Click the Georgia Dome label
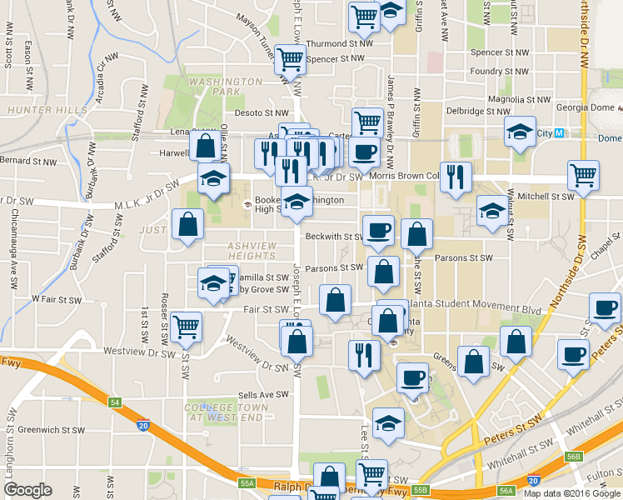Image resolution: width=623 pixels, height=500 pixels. click(587, 108)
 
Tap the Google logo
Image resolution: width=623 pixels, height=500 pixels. click(27, 490)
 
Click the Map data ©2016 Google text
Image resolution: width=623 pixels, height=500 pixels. click(571, 492)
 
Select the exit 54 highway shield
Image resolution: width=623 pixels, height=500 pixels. click(115, 402)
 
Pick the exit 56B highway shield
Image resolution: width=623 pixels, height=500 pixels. click(572, 457)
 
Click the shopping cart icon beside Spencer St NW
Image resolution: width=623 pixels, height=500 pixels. click(290, 60)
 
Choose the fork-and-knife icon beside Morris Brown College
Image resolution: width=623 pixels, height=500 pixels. click(455, 177)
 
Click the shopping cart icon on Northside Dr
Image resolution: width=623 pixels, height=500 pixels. click(583, 176)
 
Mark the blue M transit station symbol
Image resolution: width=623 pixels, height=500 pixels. click(560, 133)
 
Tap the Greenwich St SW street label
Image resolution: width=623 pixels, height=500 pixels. click(51, 431)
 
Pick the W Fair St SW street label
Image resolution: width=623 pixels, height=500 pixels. click(57, 298)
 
